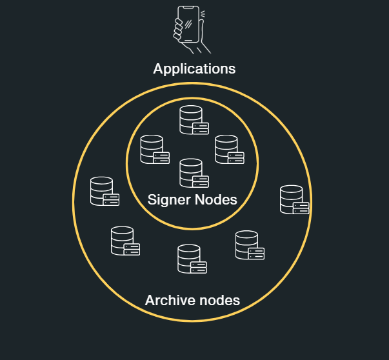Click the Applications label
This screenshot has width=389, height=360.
194,68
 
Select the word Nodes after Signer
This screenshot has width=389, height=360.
216,200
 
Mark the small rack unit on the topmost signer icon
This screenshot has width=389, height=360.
201,128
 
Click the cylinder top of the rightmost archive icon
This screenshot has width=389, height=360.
291,189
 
